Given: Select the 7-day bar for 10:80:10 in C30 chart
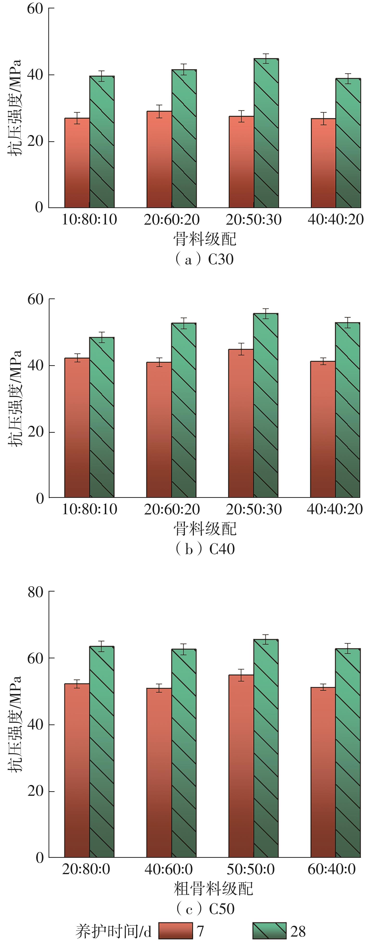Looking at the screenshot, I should coord(77,163).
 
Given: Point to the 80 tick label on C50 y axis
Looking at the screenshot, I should coord(36,592).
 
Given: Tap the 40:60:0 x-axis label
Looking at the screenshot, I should coord(168,869).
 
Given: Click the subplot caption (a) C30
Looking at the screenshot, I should coord(204,259).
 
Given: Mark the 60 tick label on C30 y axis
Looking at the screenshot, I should coord(35,8).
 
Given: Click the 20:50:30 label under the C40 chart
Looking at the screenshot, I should coord(254,509).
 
